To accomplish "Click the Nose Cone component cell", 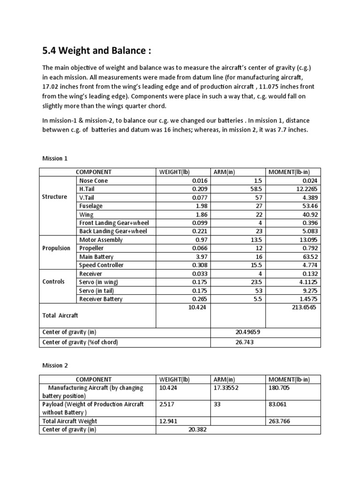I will tap(94, 180).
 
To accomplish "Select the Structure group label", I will tap(55, 197).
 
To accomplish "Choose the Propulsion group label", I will tap(56, 248).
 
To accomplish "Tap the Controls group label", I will tap(54, 282).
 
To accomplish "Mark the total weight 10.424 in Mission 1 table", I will tap(197, 307).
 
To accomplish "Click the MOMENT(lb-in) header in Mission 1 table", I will tap(288, 172).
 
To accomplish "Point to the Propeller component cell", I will tap(93, 248).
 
